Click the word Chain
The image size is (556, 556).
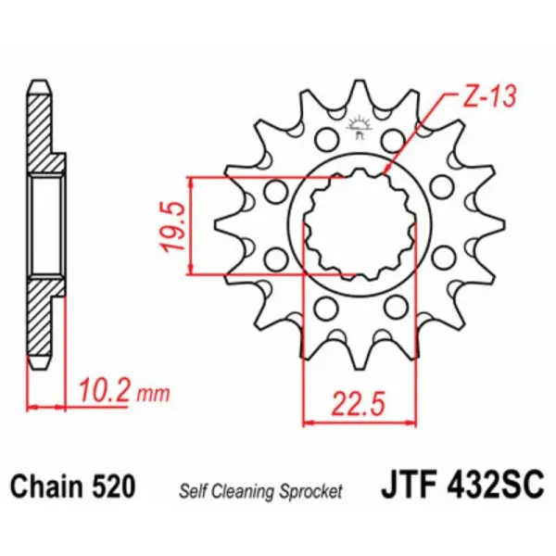tap(46, 486)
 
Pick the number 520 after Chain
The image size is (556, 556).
tap(115, 486)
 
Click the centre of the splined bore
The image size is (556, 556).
tap(358, 225)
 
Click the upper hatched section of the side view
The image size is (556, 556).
tap(44, 134)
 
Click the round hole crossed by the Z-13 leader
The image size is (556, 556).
tap(396, 141)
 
